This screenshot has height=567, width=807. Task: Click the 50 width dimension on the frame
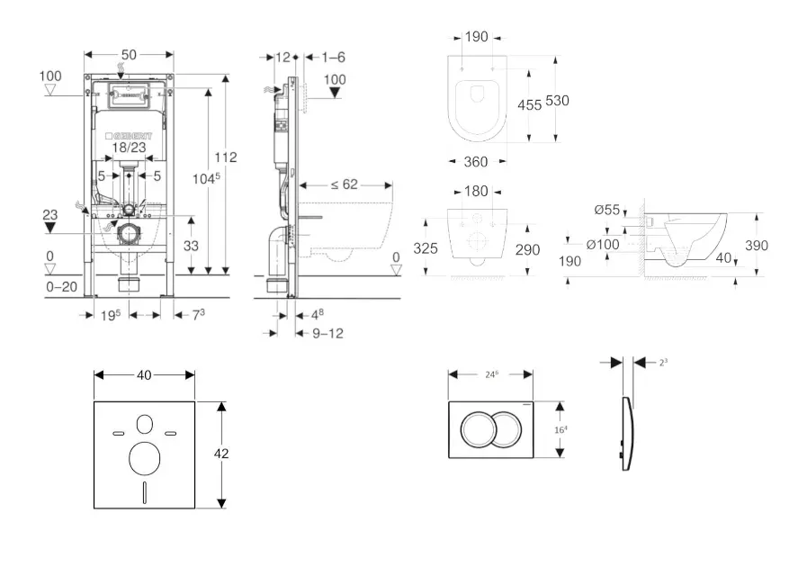tap(129, 56)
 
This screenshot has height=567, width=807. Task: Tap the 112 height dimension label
tap(226, 157)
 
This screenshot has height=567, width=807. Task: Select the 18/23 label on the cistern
tap(129, 147)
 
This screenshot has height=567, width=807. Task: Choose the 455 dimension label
tap(529, 105)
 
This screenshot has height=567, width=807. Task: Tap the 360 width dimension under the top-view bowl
tap(475, 162)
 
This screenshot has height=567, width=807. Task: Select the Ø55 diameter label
tap(608, 210)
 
